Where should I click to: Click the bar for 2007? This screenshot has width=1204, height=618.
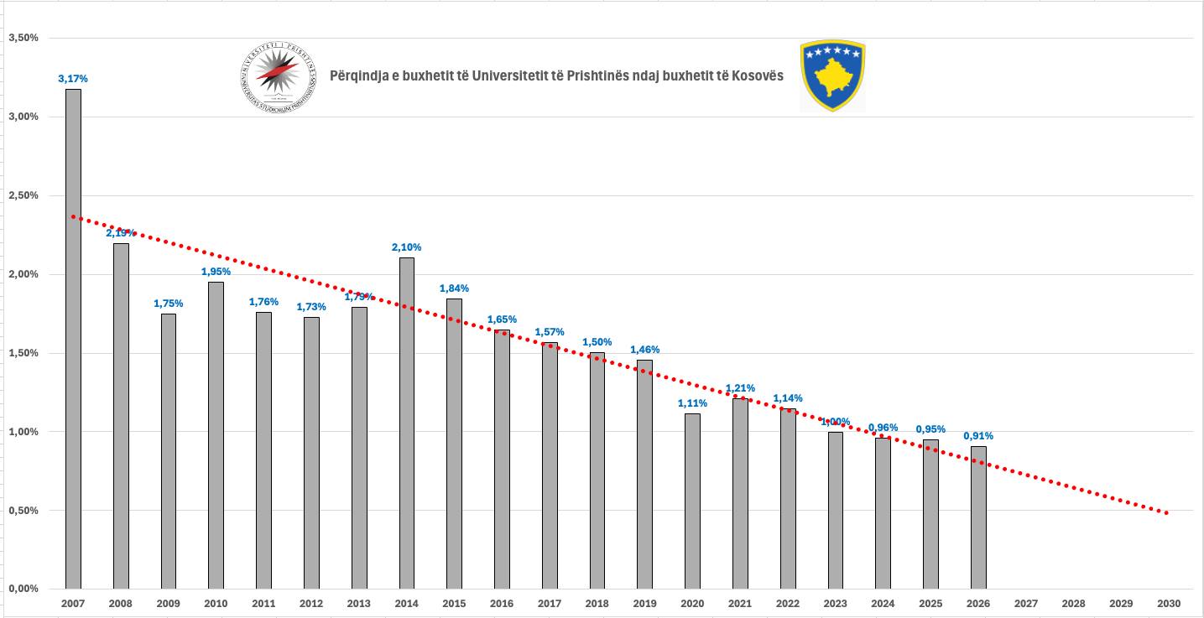73,339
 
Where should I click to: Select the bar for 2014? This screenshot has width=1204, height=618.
406,423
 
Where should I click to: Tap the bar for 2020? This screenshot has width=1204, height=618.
692,501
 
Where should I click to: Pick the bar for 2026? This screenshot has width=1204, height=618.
978,517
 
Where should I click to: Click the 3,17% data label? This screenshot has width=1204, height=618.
73,79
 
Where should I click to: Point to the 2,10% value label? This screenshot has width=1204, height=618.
406,247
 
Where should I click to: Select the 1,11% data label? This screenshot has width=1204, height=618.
692,403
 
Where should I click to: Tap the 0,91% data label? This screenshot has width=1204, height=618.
978,436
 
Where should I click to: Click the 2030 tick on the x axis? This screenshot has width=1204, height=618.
1169,603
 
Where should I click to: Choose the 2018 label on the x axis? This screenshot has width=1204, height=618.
597,603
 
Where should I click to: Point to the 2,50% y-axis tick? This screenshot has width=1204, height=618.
23,195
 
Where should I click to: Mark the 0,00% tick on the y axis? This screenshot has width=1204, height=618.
23,589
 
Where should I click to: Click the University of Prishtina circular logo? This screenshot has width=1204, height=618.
278,76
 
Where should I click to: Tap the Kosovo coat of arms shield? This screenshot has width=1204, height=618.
832,75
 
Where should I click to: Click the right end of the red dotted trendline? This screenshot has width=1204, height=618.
1166,512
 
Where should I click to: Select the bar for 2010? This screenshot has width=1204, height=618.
216,435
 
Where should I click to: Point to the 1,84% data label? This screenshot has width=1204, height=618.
454,288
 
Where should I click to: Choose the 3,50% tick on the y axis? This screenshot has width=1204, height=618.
23,38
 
